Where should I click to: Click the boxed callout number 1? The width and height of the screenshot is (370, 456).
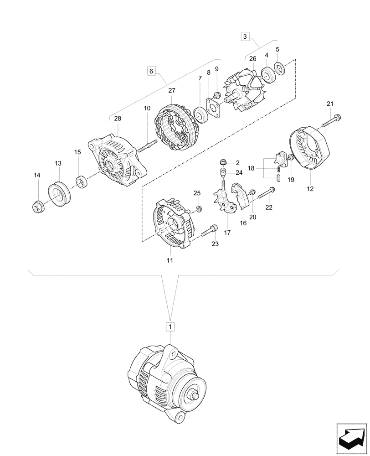pos(170,326)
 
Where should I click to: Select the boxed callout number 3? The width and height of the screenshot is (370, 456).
pos(245,36)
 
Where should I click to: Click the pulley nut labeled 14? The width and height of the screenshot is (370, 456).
pos(37,207)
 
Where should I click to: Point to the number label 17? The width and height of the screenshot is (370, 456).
pos(227,233)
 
